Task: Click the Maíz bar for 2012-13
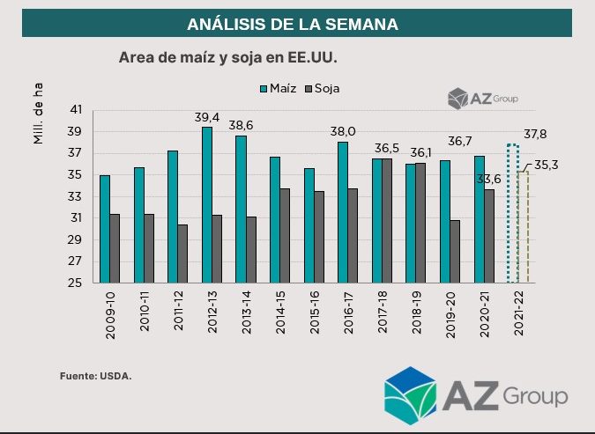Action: [x=207, y=205]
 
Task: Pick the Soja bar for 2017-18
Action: [x=387, y=220]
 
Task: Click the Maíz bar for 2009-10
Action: [x=105, y=229]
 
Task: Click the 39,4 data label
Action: [x=207, y=117]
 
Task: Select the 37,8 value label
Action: [x=535, y=134]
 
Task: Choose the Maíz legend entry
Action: [x=277, y=89]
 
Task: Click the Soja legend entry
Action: [x=322, y=89]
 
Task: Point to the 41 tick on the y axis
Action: [x=75, y=110]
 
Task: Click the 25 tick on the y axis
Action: [x=75, y=283]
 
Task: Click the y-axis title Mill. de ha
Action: [x=39, y=113]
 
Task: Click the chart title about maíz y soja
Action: [x=228, y=57]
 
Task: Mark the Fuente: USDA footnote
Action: [x=95, y=377]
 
